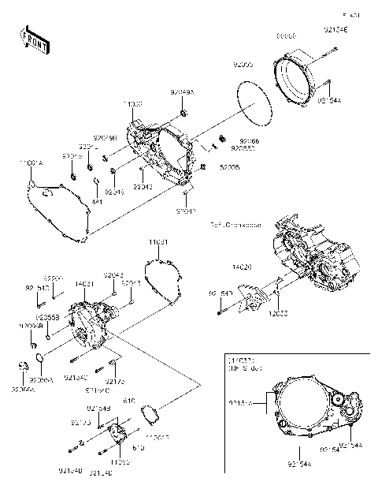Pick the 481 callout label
click(x=98, y=201)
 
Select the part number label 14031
click(x=85, y=283)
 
